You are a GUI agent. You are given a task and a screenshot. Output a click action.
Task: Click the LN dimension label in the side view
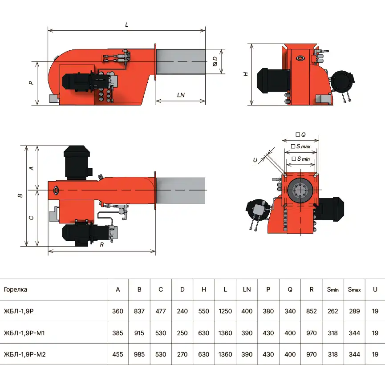[x=181, y=95]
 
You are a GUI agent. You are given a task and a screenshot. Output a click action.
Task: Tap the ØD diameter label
[x=215, y=61]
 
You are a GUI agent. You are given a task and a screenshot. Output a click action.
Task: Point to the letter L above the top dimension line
[x=127, y=25]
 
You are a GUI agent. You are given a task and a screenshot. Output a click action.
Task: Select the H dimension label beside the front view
[x=246, y=74]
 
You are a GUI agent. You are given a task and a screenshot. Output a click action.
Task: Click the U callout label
[x=255, y=160]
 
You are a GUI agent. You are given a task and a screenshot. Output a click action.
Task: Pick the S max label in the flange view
[x=301, y=146]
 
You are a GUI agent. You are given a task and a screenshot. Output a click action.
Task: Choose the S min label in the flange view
[x=301, y=159]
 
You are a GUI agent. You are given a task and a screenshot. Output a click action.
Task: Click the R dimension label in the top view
[x=101, y=245]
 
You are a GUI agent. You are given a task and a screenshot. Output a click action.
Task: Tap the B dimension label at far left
[x=20, y=196]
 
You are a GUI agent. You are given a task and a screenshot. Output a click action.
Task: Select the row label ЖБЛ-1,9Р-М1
[x=24, y=333]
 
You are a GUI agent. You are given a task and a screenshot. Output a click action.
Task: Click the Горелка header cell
[x=16, y=289]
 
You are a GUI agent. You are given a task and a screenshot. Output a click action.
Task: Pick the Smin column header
[x=332, y=290]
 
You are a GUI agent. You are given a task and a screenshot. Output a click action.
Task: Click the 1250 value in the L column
[x=225, y=311]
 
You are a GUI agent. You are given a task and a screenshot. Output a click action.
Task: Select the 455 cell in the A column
[x=118, y=354]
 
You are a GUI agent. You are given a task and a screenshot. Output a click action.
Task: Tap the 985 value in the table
[x=139, y=354]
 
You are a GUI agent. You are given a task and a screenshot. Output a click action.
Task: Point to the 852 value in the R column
[x=312, y=311]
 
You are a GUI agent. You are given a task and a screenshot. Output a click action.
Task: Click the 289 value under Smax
[x=354, y=311]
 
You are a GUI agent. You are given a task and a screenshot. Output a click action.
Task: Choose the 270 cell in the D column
[x=182, y=354]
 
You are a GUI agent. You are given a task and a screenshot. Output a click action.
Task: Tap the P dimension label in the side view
[x=31, y=83]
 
